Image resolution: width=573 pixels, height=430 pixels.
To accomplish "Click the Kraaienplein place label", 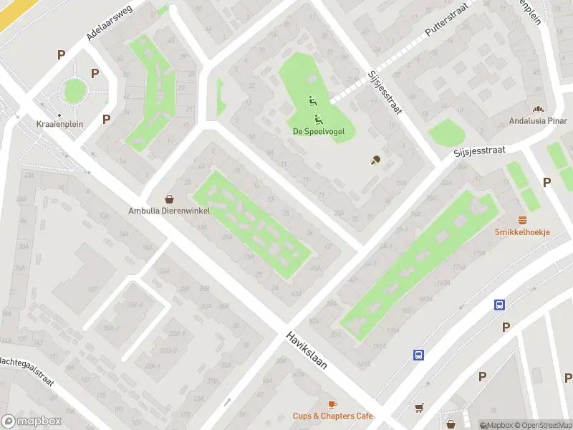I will [x=59, y=124].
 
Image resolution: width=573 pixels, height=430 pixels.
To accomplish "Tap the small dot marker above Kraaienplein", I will [x=59, y=115].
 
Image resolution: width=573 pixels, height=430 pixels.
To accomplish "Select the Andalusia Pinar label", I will [x=538, y=120].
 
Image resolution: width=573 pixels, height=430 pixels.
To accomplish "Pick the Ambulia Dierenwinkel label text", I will [x=169, y=211].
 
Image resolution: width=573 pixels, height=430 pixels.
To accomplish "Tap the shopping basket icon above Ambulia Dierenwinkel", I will [x=169, y=199].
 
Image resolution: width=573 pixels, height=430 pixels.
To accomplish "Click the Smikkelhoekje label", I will [x=522, y=232].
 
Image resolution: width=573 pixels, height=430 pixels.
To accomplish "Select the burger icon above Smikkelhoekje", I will [x=522, y=220].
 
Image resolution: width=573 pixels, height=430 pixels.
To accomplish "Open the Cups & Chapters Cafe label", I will [x=332, y=416].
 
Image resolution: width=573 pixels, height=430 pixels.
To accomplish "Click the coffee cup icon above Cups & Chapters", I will [x=332, y=404].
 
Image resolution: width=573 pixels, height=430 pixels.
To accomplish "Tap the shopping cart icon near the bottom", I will [x=419, y=408].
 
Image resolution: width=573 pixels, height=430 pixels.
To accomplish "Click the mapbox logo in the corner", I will [x=32, y=421].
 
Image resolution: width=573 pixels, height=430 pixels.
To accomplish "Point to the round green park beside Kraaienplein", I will [x=74, y=91].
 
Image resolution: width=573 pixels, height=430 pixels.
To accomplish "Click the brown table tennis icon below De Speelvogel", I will [x=375, y=160].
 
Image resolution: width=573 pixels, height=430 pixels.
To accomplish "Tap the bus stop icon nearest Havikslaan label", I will [x=418, y=354].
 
